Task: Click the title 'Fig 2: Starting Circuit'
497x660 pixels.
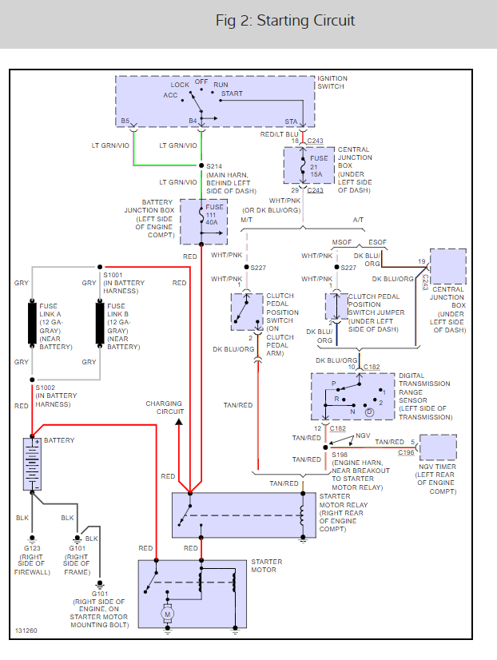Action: click(x=285, y=21)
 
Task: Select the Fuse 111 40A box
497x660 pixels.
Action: click(x=204, y=221)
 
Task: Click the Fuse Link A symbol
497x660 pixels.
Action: click(x=32, y=324)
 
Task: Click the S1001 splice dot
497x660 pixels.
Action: click(x=99, y=268)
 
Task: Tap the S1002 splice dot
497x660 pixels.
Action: click(x=32, y=380)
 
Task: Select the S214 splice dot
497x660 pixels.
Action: click(x=200, y=165)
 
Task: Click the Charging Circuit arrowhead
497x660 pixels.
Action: click(x=179, y=420)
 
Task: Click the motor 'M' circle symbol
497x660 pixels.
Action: click(x=169, y=614)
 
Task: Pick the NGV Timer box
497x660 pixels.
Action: click(x=438, y=447)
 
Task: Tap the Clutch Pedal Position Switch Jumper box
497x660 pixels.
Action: click(x=336, y=307)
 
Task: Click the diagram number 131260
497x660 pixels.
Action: click(x=25, y=631)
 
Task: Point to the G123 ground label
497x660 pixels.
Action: click(x=32, y=548)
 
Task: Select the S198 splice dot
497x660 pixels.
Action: click(x=326, y=447)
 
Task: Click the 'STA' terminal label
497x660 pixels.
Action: click(x=291, y=121)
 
